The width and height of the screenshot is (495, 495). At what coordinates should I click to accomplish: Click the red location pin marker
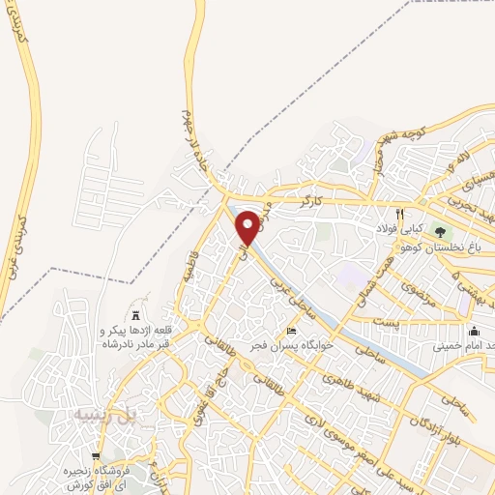coord(248,228)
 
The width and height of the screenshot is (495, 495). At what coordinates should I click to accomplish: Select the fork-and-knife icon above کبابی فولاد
coord(398,214)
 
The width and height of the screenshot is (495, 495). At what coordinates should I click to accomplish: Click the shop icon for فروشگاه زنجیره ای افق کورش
coord(96,456)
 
